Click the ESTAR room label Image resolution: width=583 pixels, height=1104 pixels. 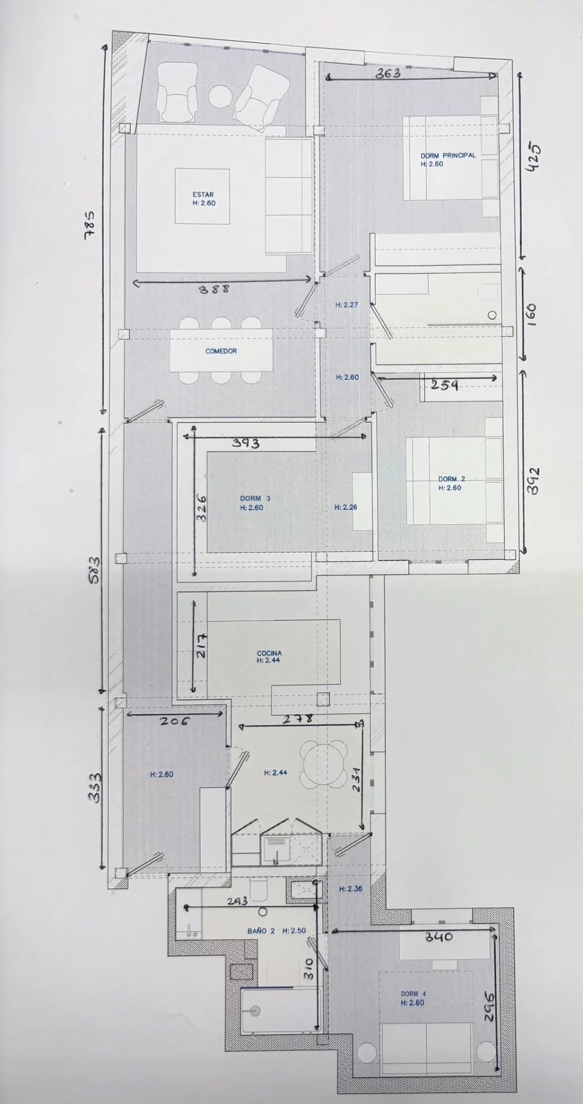point(203,195)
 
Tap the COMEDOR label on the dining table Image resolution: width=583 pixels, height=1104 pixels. point(221,351)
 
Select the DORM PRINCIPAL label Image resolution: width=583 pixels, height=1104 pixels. point(448,155)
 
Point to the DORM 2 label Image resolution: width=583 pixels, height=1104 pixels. point(452,479)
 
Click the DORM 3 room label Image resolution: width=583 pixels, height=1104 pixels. point(255,499)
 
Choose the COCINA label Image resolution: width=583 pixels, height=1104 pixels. point(269,653)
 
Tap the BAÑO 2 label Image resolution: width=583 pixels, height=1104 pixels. point(261,930)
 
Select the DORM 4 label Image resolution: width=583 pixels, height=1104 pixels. point(413,994)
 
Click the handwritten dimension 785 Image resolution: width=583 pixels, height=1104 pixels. point(90,225)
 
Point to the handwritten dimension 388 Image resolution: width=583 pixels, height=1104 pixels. point(214,289)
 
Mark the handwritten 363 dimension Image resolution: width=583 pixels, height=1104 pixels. point(388,74)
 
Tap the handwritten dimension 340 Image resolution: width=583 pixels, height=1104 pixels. point(439,937)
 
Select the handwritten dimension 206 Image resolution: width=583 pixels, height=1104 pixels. point(174,720)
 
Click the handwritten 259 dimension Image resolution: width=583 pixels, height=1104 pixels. point(445,384)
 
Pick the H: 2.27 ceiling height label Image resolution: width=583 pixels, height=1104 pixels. point(346,305)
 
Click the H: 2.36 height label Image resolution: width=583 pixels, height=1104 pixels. point(350,888)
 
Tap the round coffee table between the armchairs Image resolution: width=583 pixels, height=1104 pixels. point(220,97)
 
